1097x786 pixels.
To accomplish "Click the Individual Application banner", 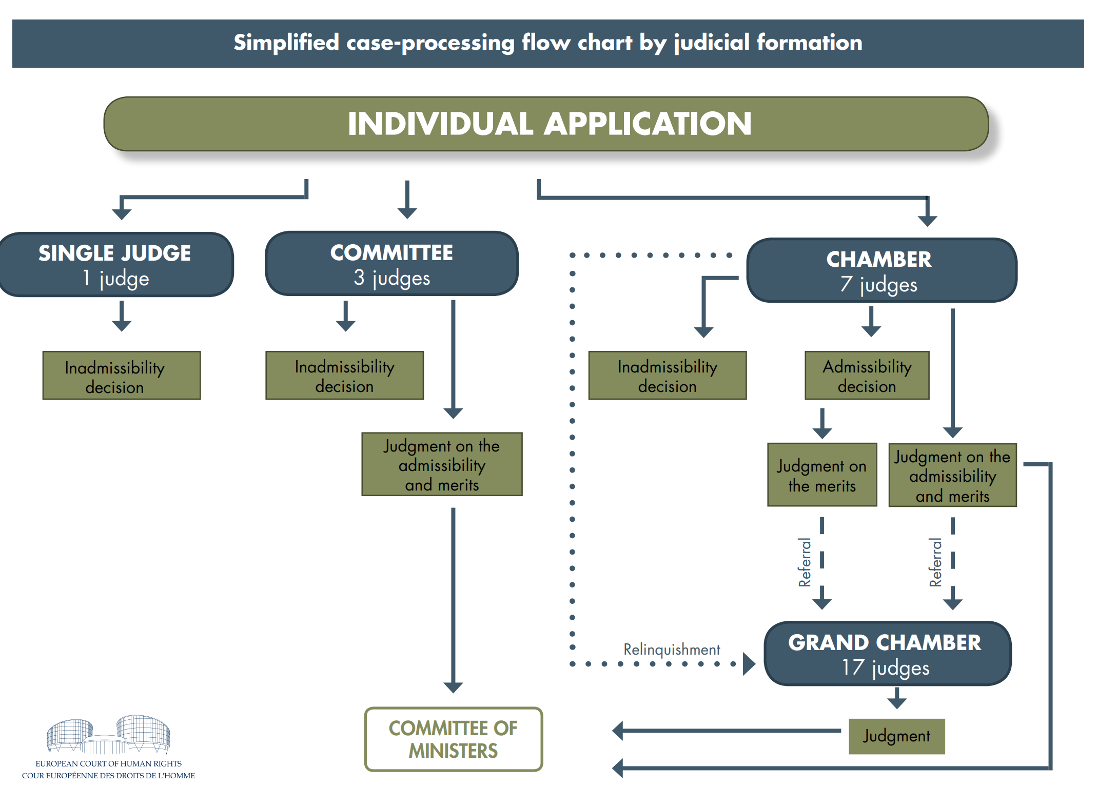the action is (x=546, y=124).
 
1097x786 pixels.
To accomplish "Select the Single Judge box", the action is (x=116, y=265).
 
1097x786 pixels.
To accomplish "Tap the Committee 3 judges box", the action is (x=392, y=264).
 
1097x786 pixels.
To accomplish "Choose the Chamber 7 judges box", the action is (x=881, y=270).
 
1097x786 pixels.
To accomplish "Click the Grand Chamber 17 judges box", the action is (x=887, y=654).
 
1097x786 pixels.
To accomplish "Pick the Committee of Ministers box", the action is (x=454, y=739).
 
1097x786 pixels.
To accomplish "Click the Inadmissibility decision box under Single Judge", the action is (x=122, y=376).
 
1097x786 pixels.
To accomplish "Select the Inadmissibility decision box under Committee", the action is (x=345, y=376).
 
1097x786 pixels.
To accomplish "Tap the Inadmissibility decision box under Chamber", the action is (x=668, y=376).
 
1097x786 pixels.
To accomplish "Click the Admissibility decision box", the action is (x=867, y=376).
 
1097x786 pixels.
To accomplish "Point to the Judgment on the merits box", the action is (x=822, y=475).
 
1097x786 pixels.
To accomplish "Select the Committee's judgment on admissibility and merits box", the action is (x=442, y=464).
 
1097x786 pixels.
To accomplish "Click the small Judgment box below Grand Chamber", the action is (x=897, y=736).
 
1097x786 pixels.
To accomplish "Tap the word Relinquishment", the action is (x=672, y=650).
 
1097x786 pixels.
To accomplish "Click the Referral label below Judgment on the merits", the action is (x=805, y=562).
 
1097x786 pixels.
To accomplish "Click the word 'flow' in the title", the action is (x=546, y=42).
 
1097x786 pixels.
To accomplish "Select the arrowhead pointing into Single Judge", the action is (x=122, y=214).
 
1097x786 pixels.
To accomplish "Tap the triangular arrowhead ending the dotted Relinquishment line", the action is (x=749, y=664).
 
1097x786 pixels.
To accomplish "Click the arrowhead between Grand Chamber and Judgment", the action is (x=897, y=703).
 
